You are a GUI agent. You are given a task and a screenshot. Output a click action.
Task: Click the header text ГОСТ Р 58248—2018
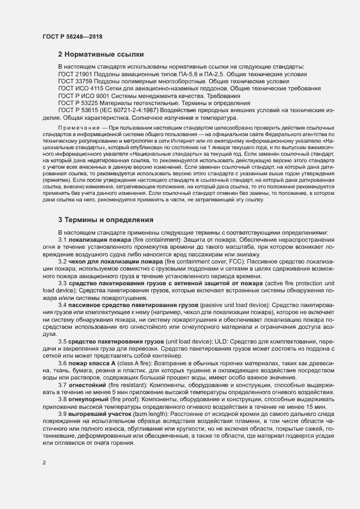72,36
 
